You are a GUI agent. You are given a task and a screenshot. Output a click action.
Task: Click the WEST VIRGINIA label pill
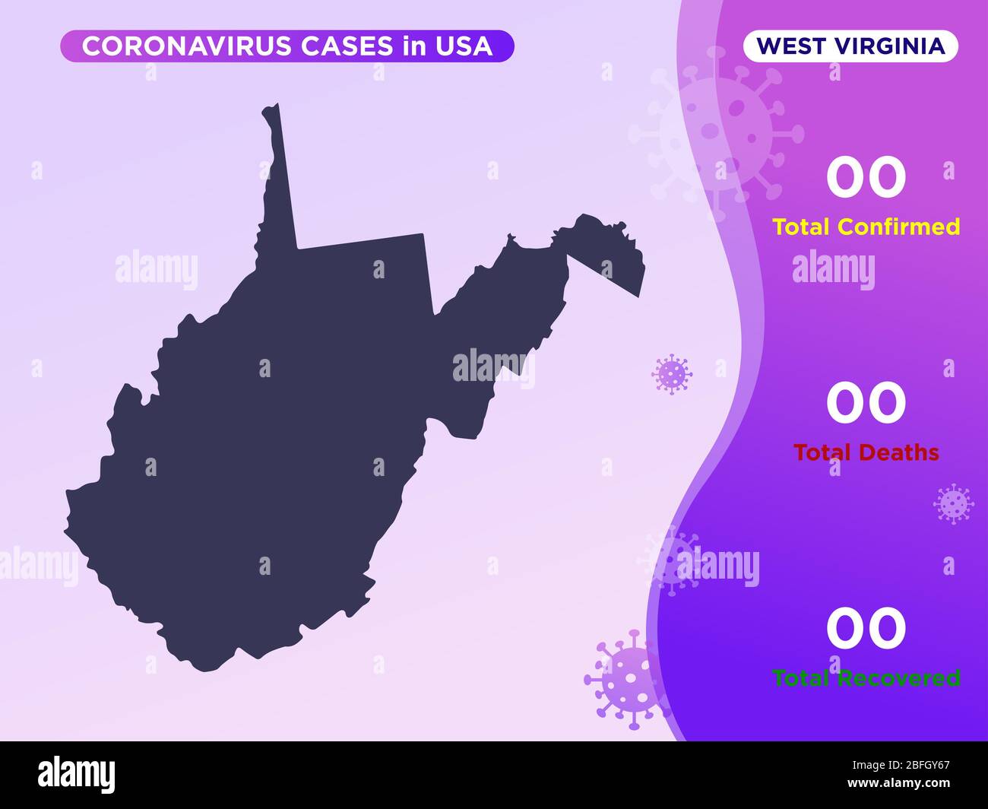click(x=850, y=46)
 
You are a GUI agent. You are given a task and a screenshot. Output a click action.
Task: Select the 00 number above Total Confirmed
click(x=866, y=177)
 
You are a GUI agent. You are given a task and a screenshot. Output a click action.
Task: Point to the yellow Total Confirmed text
click(x=866, y=227)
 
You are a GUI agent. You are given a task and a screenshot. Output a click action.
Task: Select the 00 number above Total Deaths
click(x=866, y=403)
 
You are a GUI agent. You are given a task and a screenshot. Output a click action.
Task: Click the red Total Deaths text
click(x=866, y=452)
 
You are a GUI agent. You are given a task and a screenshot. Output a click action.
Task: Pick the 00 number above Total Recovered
click(x=866, y=629)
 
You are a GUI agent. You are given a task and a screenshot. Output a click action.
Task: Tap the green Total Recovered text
click(x=866, y=677)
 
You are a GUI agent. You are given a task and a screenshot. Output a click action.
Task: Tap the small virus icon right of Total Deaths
click(x=952, y=503)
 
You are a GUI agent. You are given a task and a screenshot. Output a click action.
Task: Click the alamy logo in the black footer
click(x=77, y=773)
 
